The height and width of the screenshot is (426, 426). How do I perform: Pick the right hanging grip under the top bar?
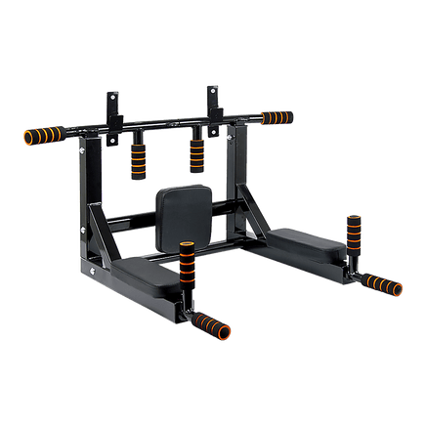tap(196, 151)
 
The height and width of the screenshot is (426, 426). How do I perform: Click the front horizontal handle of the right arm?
tap(380, 285)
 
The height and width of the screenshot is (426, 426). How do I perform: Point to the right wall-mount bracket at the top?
tap(211, 104)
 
